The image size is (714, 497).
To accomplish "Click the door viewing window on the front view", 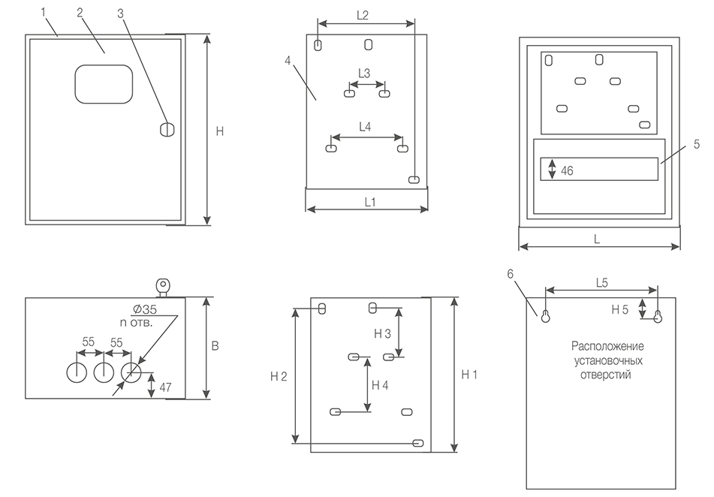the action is click(104, 84).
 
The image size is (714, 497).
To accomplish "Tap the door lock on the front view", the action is click(167, 129).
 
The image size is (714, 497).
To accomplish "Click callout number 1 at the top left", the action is click(44, 12).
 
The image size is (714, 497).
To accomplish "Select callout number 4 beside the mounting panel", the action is click(288, 61).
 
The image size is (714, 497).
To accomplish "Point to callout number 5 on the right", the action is click(697, 144).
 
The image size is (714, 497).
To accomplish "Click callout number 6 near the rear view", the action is click(510, 274).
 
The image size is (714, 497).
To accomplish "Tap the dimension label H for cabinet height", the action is click(220, 131).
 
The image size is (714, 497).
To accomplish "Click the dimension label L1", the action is click(370, 202).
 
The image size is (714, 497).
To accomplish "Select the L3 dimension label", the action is click(364, 74).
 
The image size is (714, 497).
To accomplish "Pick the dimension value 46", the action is click(567, 171).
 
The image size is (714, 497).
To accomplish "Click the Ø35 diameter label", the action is click(145, 310).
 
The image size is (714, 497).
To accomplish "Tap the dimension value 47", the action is click(165, 387).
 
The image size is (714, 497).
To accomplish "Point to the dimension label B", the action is click(215, 346).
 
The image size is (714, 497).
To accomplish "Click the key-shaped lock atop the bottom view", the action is click(163, 286).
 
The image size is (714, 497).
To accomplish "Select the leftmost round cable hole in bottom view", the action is click(77, 372).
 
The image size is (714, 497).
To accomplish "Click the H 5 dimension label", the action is click(619, 310).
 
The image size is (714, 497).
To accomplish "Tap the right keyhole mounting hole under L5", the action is click(658, 317).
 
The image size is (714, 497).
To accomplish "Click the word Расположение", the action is click(607, 346).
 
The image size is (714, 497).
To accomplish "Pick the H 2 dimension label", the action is click(279, 377).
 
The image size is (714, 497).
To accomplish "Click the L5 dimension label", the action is click(602, 283).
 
